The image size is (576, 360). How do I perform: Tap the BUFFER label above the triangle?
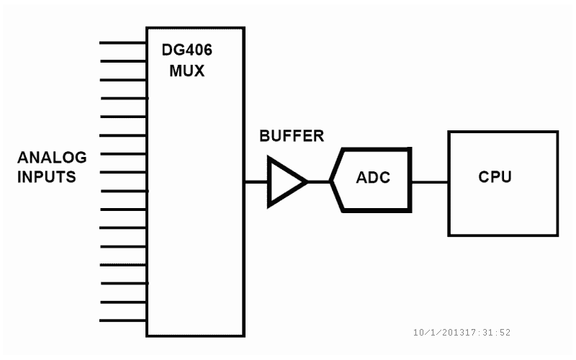(x=292, y=135)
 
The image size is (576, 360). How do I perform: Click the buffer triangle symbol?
(x=284, y=182)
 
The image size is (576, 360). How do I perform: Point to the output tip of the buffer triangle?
(x=307, y=182)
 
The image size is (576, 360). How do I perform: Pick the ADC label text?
(x=373, y=178)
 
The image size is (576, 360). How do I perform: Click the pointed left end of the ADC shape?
(x=331, y=181)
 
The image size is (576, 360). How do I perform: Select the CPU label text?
(x=495, y=177)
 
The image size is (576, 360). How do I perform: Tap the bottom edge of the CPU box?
(x=503, y=235)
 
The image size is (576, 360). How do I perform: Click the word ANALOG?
(x=52, y=158)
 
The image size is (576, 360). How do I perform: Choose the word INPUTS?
(x=47, y=176)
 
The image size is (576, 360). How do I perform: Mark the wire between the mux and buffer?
(x=256, y=182)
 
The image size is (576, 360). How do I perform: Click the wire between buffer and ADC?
(x=319, y=182)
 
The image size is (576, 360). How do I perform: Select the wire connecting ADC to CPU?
(x=429, y=182)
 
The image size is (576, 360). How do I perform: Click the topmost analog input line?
(x=122, y=42)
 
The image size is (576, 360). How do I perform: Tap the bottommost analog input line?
(x=122, y=320)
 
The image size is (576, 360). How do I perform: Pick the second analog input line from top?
(x=122, y=60)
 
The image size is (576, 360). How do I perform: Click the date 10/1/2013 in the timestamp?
(x=439, y=333)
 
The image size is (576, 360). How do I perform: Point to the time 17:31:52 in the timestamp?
(x=488, y=333)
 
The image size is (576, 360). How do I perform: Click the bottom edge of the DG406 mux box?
(x=195, y=336)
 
